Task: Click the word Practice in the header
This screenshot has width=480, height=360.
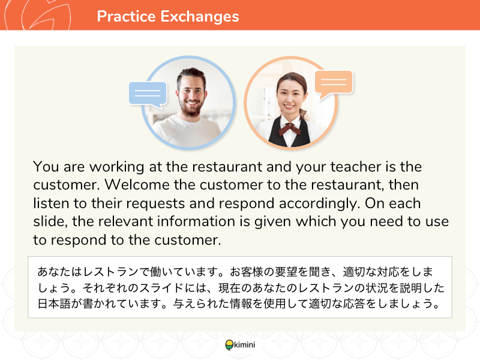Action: (x=126, y=16)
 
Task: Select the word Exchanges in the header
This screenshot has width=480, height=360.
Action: (x=200, y=17)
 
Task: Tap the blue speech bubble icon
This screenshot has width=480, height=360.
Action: (x=148, y=94)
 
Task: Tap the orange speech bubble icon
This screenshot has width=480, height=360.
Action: (x=334, y=84)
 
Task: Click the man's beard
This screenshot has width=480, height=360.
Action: (x=190, y=108)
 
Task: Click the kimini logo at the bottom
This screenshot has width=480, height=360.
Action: (x=240, y=344)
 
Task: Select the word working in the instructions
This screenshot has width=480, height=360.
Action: (x=116, y=167)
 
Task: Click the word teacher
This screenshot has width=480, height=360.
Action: (x=355, y=167)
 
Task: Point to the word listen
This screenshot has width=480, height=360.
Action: (x=51, y=203)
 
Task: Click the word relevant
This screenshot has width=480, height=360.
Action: (x=125, y=221)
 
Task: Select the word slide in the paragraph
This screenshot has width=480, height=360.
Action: (x=50, y=221)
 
